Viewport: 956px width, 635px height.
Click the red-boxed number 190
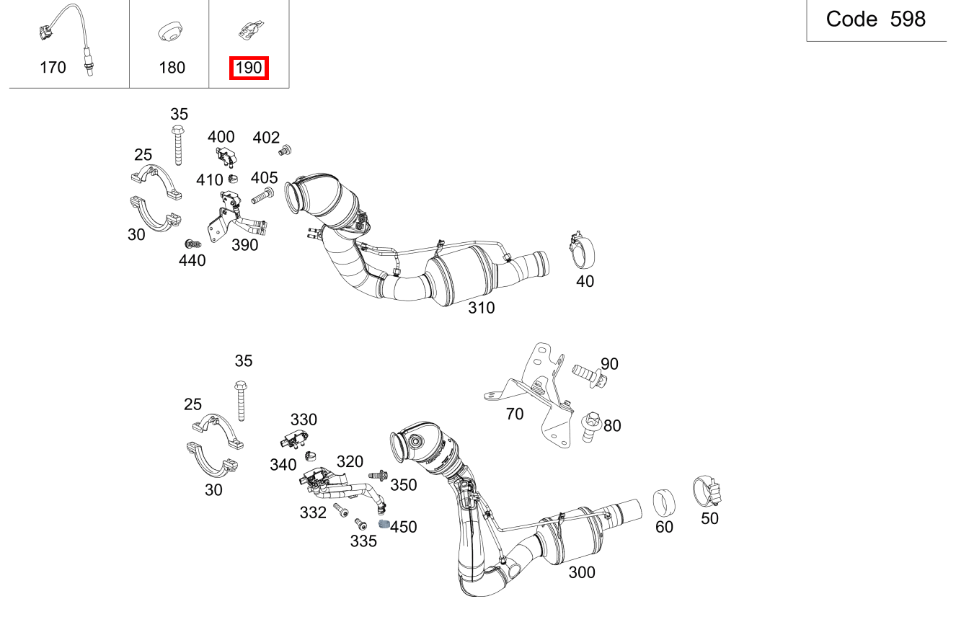tap(249, 68)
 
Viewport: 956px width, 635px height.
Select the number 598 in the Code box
tap(908, 19)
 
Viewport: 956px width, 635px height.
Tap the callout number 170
tap(53, 68)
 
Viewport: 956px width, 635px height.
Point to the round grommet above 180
tap(171, 32)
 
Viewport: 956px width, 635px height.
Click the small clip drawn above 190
tap(251, 30)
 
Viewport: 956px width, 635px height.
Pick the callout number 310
tap(482, 308)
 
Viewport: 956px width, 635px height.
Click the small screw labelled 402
tap(285, 150)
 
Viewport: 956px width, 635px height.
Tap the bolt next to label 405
tap(262, 196)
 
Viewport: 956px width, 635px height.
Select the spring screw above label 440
tap(193, 244)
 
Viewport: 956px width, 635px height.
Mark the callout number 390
tap(244, 245)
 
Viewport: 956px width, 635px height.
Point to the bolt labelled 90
tap(590, 374)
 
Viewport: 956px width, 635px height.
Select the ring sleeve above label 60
tap(664, 502)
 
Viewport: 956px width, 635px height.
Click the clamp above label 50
tap(707, 491)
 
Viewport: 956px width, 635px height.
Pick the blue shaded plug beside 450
tap(384, 523)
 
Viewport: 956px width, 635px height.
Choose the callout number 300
tap(582, 572)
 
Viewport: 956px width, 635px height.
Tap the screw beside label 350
tap(378, 475)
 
